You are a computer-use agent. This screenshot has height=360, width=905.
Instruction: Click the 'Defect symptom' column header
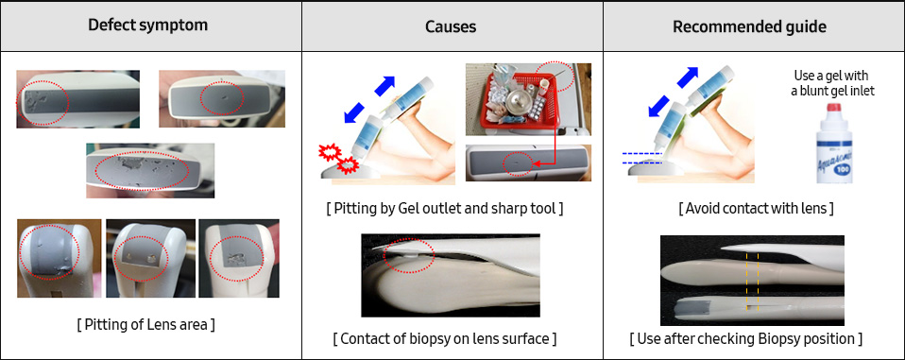[150, 26]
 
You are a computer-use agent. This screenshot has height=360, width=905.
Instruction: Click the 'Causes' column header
[452, 26]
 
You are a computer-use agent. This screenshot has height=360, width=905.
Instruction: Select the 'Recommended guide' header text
[753, 26]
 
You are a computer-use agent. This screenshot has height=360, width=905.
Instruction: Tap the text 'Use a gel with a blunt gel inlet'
[830, 83]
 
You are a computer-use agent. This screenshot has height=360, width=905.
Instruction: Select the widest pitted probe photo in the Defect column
[149, 170]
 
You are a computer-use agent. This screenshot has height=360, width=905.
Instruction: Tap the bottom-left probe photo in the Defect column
[59, 258]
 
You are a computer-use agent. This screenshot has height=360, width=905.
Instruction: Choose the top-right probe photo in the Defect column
[221, 97]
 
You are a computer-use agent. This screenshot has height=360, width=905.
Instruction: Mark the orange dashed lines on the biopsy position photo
[753, 279]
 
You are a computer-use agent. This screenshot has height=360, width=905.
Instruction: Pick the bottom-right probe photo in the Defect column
[241, 258]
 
